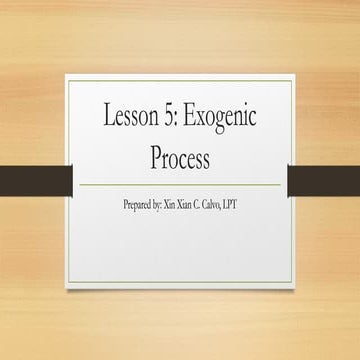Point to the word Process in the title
tap(180, 158)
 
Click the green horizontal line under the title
tap(180, 185)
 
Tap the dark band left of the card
tap(35, 180)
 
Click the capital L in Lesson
tap(107, 117)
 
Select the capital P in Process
tap(153, 158)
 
